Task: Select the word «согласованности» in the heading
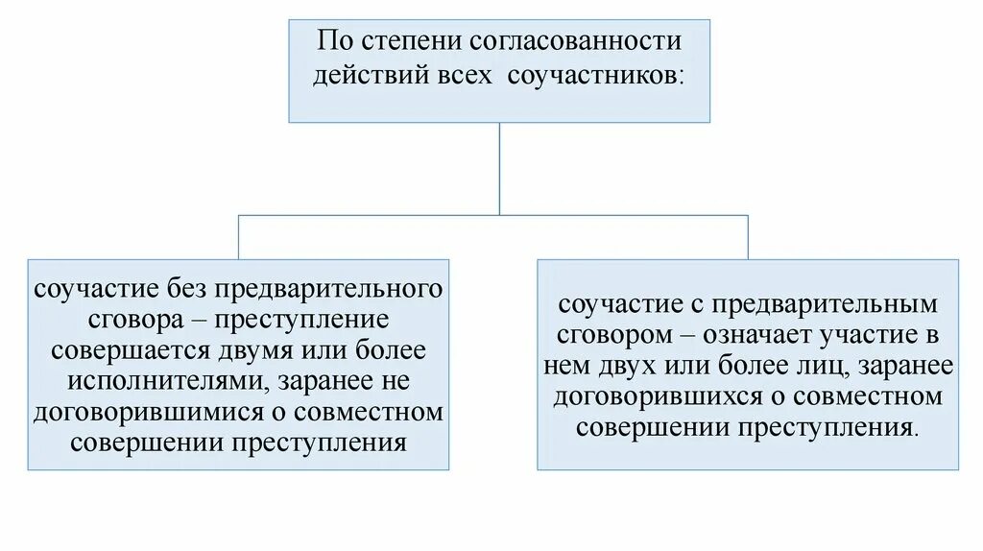576,43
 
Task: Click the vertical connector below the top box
499,168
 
